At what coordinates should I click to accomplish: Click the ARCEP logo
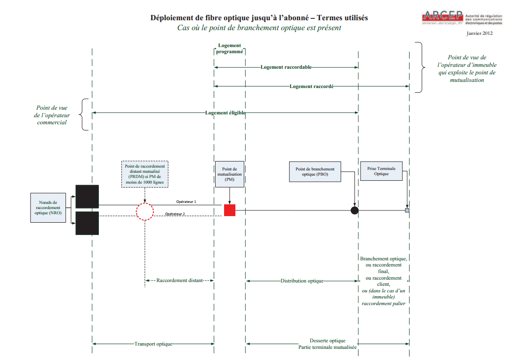coord(462,18)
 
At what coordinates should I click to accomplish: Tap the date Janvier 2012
coord(480,33)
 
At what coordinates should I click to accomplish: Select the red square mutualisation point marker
coord(230,210)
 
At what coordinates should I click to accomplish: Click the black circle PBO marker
coord(355,210)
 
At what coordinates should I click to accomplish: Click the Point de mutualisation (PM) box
coord(230,174)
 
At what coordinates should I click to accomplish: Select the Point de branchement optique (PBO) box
coord(315,171)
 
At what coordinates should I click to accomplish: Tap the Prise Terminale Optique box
coord(381,171)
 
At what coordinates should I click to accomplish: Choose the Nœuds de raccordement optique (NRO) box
coord(48,208)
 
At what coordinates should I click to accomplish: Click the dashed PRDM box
coord(145,174)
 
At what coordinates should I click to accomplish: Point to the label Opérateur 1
coord(186,202)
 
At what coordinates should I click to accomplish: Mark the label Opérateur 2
coord(175,214)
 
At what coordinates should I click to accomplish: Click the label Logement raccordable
coord(286,67)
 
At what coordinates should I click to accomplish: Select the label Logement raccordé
coord(311,87)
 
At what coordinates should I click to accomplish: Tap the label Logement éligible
coord(225,113)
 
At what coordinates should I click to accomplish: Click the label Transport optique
coord(153,344)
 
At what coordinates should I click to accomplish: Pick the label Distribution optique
coord(302,281)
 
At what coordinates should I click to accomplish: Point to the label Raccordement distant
coord(180,281)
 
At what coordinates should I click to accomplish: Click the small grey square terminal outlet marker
coord(407,210)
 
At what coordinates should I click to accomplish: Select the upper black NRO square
coord(87,196)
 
